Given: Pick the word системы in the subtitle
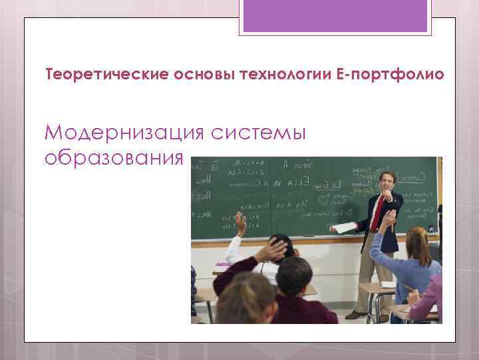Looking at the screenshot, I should [257, 133].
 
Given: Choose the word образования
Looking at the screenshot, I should [112, 158].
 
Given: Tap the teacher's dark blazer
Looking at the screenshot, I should [393, 220].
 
